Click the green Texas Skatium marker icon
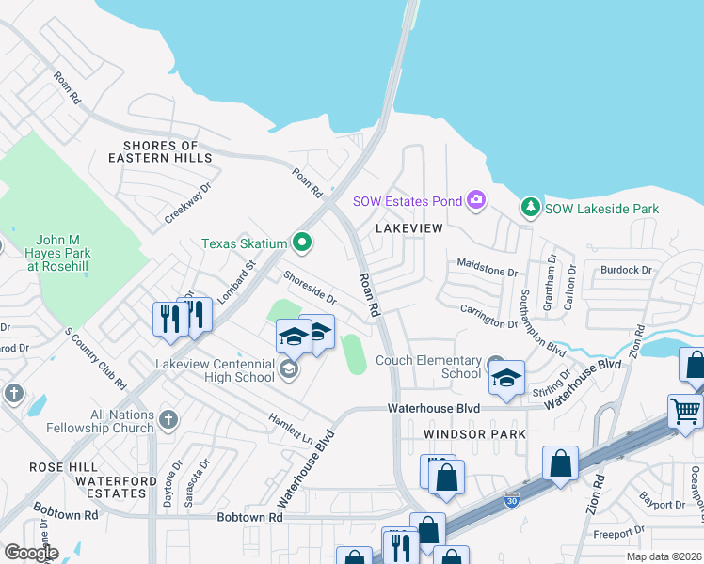302,243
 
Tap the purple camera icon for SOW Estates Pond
476,199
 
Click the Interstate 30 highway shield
511,500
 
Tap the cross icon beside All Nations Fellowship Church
168,418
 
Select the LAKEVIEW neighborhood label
408,228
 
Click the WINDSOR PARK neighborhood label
473,434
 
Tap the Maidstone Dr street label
488,273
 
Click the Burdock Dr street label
627,271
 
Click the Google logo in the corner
31,553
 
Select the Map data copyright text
664,556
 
